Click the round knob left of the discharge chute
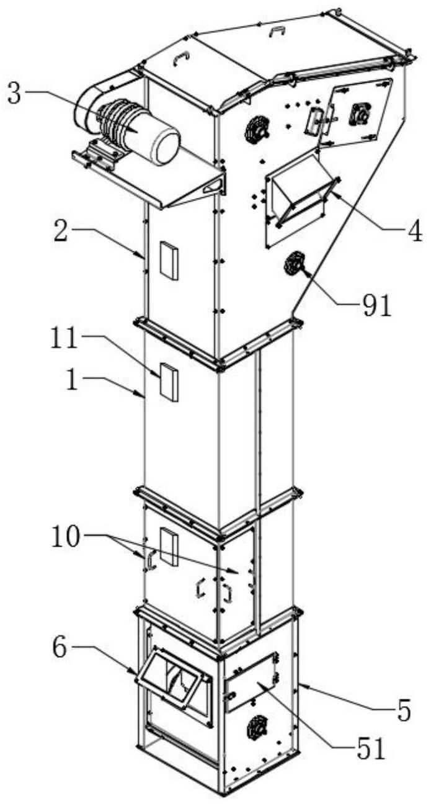tap(255, 130)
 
